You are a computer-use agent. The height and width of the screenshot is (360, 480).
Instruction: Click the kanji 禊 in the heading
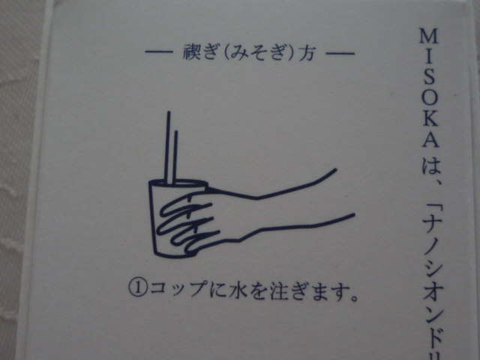coord(192,52)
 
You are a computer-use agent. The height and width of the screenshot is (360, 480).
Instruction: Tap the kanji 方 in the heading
coord(307,53)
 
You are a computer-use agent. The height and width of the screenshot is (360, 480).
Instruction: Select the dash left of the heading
coord(159,52)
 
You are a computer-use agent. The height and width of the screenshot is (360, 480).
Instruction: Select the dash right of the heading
coord(340,54)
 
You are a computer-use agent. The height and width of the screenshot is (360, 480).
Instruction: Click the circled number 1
coord(138,288)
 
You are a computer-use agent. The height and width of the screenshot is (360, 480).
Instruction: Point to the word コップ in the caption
coord(178,288)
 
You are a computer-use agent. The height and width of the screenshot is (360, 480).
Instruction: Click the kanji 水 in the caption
coord(238,289)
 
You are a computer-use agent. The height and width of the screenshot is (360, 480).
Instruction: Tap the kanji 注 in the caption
coord(279,290)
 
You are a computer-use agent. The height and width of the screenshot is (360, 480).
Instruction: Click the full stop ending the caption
coord(354,298)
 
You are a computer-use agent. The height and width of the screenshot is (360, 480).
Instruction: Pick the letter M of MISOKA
coord(428,36)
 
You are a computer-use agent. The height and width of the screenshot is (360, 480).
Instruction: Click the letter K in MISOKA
coord(430,118)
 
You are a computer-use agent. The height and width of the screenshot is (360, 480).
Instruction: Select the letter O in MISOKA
coord(430,97)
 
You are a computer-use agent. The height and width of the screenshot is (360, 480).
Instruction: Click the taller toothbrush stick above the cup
coord(168,148)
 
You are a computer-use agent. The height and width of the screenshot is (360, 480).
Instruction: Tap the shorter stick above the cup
coord(175,158)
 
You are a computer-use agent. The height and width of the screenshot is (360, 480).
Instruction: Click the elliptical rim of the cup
coord(178,180)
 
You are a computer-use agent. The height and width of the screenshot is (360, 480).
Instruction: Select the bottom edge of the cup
coord(172,255)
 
